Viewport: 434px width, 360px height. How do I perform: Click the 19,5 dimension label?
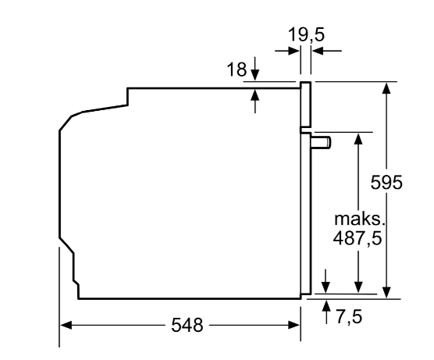306,35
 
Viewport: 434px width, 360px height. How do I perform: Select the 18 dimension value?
237,70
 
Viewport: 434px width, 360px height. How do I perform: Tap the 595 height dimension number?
386,182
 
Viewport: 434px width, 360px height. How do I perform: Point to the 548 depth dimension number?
187,325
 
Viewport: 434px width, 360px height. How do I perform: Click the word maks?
360,219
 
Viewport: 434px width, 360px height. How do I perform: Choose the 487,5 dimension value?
358,237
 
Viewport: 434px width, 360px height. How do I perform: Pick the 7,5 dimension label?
349,316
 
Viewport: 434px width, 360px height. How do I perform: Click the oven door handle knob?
321,142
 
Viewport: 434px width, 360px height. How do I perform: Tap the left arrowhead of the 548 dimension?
66,325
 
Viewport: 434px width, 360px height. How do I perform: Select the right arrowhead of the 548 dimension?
294,325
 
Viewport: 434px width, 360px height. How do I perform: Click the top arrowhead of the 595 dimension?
386,88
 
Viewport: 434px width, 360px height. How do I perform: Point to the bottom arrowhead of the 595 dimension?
386,292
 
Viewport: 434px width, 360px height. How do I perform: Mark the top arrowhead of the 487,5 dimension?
358,138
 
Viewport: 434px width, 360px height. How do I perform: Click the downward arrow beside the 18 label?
255,69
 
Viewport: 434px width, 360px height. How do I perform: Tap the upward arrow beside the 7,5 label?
326,312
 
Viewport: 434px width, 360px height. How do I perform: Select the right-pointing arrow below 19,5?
287,51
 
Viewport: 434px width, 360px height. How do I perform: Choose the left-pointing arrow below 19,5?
326,51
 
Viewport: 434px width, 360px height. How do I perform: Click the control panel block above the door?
306,105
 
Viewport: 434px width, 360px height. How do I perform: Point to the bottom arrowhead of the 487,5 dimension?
358,287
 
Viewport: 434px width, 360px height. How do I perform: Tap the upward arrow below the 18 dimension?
255,101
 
